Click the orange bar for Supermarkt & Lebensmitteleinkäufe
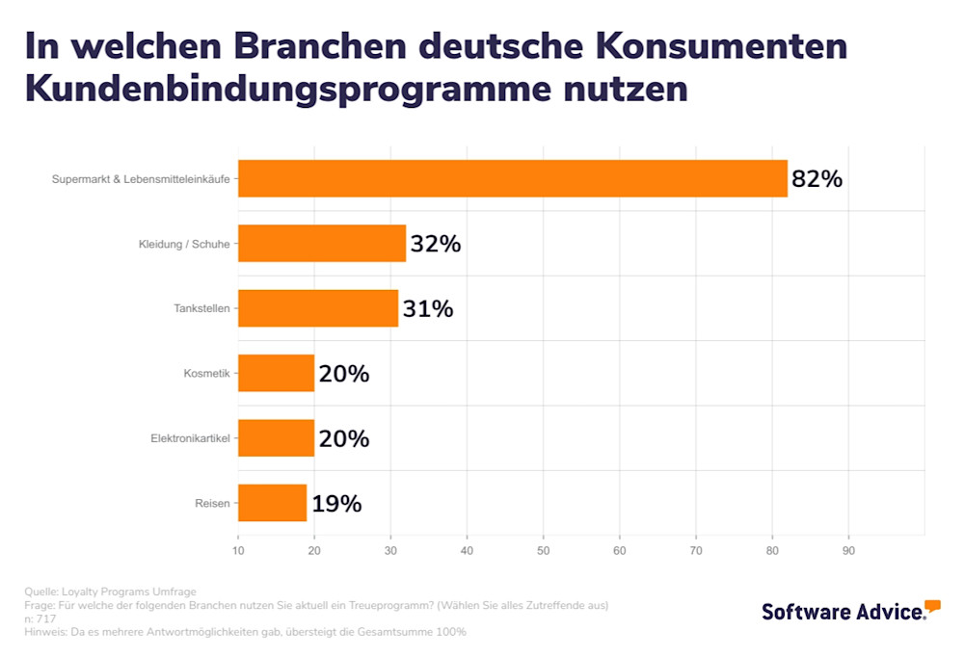point(512,178)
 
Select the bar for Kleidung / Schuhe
point(322,244)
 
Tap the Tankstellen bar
point(318,308)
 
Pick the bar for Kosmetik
point(276,373)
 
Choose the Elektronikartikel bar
point(276,437)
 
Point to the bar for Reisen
point(272,503)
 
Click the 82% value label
point(817,179)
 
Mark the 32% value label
point(436,244)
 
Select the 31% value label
point(427,309)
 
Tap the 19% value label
point(335,503)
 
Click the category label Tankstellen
point(201,309)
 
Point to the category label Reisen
point(212,503)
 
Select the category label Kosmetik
point(206,374)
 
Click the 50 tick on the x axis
point(543,551)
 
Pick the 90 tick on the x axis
point(848,551)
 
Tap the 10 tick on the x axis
point(238,551)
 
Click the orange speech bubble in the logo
point(932,606)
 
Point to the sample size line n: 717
point(40,619)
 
